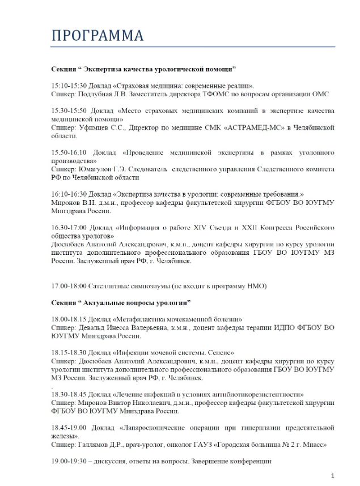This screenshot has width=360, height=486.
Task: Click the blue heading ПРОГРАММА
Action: tap(98, 35)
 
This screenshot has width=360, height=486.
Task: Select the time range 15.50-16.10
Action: tap(69, 154)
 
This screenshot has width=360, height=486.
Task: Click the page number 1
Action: tap(332, 475)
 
